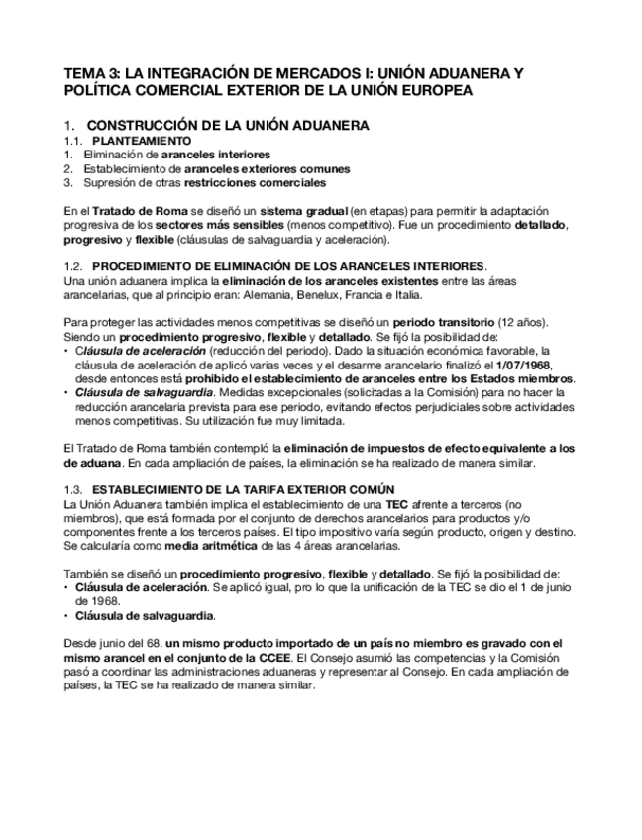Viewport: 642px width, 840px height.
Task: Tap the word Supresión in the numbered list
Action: click(x=113, y=182)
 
